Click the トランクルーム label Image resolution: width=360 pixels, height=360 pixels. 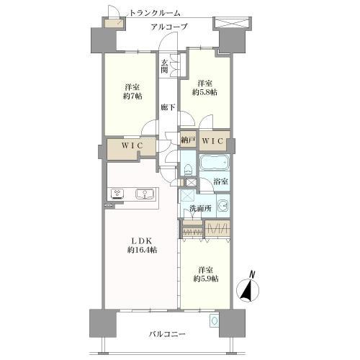(155, 13)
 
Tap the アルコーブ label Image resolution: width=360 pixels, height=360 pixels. (168, 27)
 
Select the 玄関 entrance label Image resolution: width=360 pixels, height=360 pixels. (164, 66)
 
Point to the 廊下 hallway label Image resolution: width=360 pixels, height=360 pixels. (168, 107)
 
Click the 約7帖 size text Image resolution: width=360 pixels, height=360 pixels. (132, 96)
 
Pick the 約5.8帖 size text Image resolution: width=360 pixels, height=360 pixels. (204, 92)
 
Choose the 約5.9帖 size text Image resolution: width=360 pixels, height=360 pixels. (206, 279)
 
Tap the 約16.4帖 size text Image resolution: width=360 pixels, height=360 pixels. (142, 250)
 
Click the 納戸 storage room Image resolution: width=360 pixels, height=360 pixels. (188, 140)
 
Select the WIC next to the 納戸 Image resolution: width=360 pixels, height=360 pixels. (213, 141)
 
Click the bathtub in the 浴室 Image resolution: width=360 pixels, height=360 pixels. (214, 163)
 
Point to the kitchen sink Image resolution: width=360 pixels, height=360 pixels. (145, 194)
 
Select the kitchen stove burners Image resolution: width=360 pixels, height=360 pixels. (118, 194)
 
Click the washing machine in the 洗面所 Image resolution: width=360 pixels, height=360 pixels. (223, 206)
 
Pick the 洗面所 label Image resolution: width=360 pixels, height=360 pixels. (201, 208)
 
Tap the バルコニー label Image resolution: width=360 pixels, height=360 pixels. (167, 334)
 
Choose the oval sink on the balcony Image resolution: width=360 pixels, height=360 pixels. (214, 320)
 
